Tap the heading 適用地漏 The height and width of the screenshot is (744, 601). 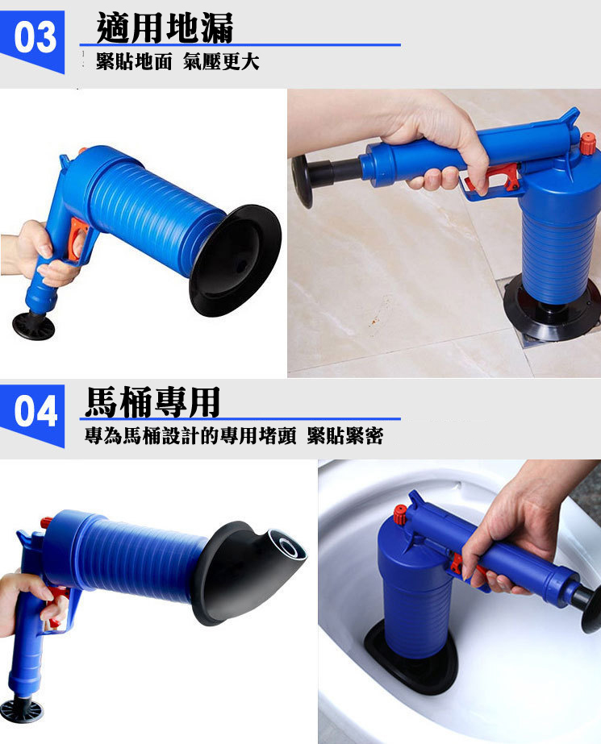(x=165, y=27)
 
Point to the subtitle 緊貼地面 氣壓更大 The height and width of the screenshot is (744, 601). (x=177, y=62)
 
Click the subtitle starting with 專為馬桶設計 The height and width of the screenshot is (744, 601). (x=234, y=437)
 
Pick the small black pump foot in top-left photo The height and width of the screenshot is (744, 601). (x=33, y=325)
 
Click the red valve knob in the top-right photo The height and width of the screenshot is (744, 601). (x=587, y=144)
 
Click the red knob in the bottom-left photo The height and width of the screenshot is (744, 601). (x=46, y=522)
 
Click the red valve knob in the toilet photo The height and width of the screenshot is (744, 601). (x=399, y=514)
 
